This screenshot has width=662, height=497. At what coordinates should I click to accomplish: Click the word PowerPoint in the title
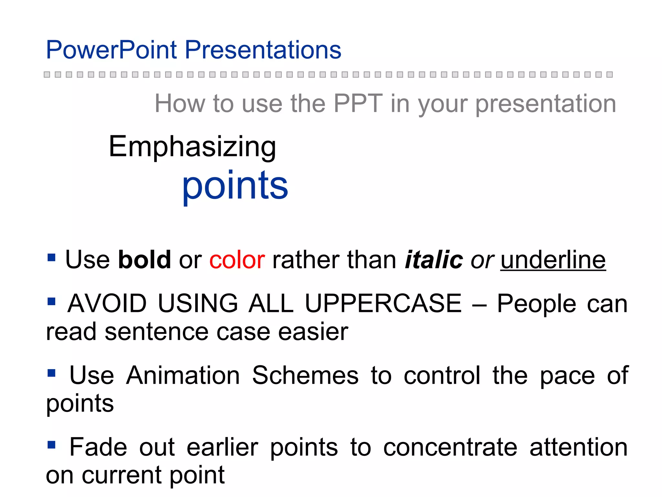tap(112, 50)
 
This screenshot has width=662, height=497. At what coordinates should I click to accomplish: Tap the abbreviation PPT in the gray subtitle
tap(358, 104)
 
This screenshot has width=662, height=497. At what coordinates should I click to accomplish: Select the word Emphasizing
tap(192, 147)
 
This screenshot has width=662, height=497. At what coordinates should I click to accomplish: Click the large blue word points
tap(235, 186)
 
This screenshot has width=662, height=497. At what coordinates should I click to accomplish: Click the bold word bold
tap(144, 260)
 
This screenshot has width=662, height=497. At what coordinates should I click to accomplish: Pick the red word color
tap(237, 260)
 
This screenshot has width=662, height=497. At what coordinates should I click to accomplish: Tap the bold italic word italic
tap(434, 260)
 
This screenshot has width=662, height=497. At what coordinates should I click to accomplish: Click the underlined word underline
tap(553, 260)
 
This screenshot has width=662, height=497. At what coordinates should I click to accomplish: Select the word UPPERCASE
tap(383, 304)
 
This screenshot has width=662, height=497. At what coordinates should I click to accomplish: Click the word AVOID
tap(107, 304)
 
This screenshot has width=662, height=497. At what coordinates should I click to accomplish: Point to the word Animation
tap(183, 375)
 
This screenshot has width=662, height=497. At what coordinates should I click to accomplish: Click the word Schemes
tap(305, 375)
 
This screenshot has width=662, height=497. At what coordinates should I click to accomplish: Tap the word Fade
tap(98, 447)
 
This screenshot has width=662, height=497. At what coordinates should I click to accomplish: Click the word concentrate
tap(450, 447)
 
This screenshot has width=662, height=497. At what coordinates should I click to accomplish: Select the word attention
tap(578, 447)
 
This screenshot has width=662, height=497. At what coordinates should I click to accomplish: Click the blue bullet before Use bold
tap(51, 258)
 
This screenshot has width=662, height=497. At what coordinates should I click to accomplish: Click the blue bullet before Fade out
tap(51, 445)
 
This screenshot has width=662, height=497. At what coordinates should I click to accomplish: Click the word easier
tap(313, 332)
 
